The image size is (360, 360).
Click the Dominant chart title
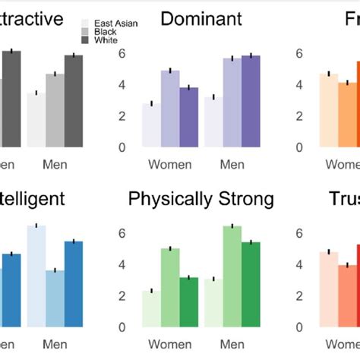pos(201,19)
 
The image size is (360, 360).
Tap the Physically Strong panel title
pos(201,200)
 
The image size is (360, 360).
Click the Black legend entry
pos(106,32)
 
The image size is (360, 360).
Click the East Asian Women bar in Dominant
pos(151,125)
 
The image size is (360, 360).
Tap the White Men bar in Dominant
pos(251,101)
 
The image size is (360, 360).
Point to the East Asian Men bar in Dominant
pos(214,122)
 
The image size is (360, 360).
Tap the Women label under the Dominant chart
pos(169,165)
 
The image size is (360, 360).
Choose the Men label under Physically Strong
pos(232,346)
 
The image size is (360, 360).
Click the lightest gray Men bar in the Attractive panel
pos(36,120)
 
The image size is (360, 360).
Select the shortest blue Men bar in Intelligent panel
pos(55,298)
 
